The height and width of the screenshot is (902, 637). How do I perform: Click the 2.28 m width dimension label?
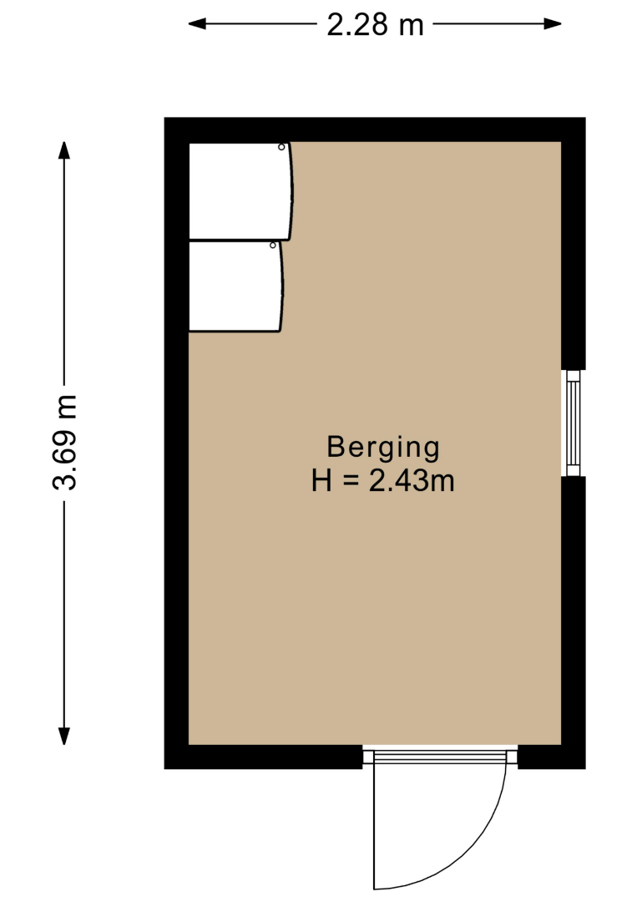(375, 25)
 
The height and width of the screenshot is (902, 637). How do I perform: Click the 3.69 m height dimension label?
(64, 443)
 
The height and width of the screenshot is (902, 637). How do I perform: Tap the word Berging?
(383, 448)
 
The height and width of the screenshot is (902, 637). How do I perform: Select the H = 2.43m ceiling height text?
(383, 481)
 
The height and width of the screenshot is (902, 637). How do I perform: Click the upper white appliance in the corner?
(240, 191)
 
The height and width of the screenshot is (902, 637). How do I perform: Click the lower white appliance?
(235, 286)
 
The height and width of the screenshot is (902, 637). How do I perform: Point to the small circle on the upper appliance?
(281, 147)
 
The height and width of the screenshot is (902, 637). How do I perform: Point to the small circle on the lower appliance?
(273, 246)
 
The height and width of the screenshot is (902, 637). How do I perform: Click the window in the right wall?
(574, 423)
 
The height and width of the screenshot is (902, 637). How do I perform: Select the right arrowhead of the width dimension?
(553, 23)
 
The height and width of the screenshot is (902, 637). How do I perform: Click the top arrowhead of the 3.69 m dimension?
(64, 150)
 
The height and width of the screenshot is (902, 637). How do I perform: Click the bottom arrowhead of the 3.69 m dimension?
(64, 737)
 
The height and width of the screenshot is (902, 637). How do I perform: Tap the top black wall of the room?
(375, 129)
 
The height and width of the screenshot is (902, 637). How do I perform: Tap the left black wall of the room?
(176, 443)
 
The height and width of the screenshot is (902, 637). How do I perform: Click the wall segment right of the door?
(552, 757)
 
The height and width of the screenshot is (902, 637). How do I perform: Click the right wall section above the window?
(574, 244)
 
